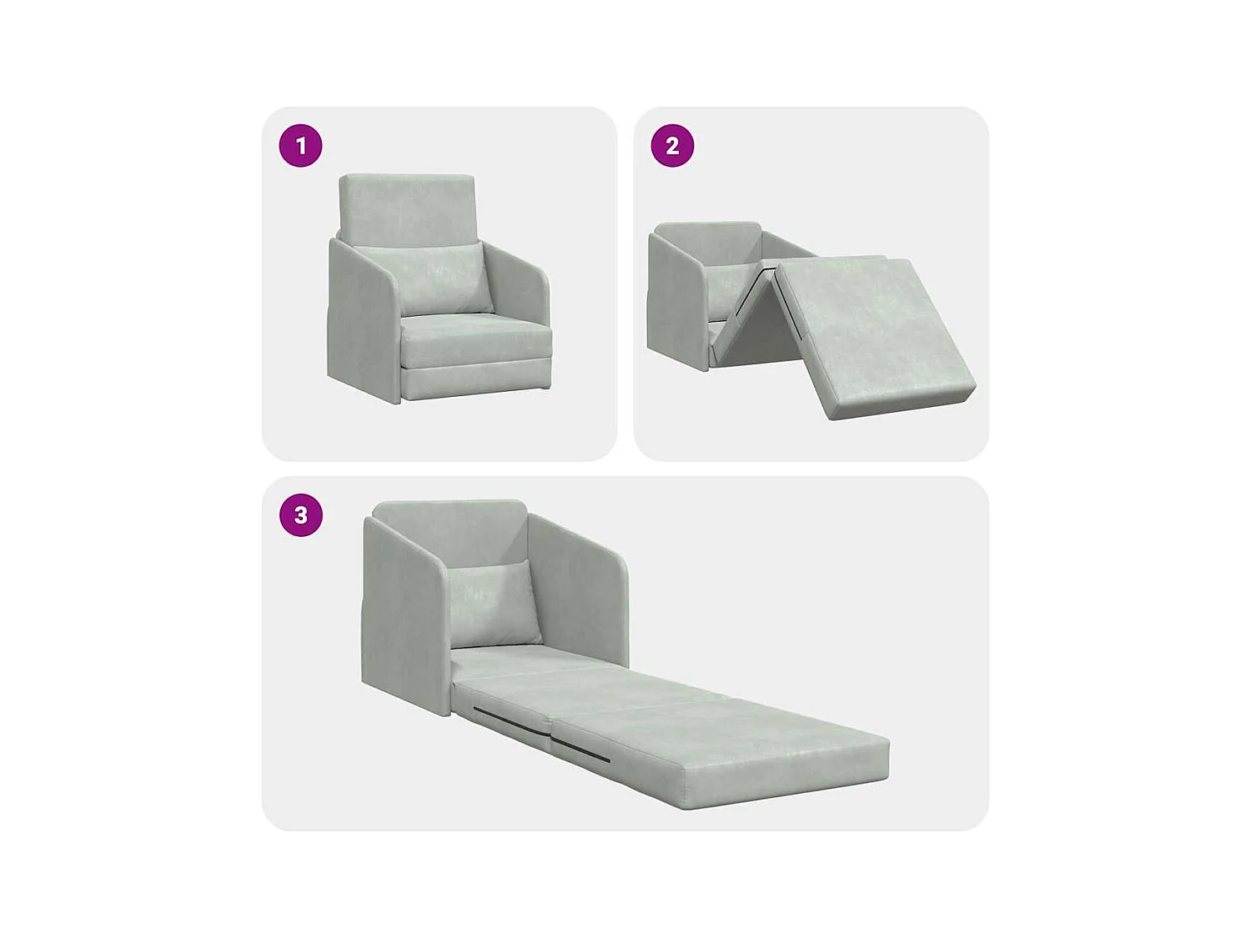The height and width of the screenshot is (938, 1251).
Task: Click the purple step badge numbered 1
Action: [x=300, y=146]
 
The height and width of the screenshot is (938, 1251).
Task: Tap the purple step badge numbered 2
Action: [x=672, y=146]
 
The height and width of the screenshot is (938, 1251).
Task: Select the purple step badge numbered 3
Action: [x=300, y=515]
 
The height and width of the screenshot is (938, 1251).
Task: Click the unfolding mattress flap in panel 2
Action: [x=872, y=334]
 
